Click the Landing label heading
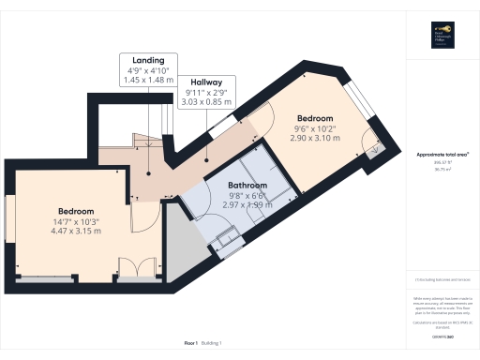pyautogui.click(x=148, y=59)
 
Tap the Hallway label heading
pyautogui.click(x=206, y=82)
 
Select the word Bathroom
pyautogui.click(x=247, y=186)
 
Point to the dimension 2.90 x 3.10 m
pyautogui.click(x=315, y=138)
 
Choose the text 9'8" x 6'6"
pyautogui.click(x=247, y=195)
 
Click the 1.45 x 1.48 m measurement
pyautogui.click(x=148, y=80)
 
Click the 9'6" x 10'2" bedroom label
pyautogui.click(x=315, y=128)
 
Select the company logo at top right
pyautogui.click(x=442, y=35)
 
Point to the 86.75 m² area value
pyautogui.click(x=442, y=171)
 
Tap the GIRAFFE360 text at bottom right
pyautogui.click(x=442, y=336)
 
